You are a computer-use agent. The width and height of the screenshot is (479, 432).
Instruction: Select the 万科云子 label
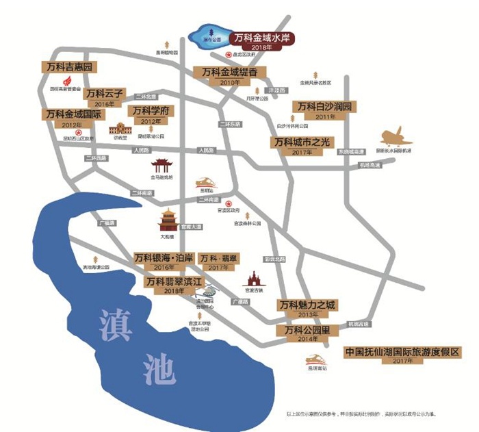pos(102,92)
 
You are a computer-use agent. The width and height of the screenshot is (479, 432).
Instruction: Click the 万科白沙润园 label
pos(324,107)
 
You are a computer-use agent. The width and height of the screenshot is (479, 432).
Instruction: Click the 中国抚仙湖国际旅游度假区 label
pos(402,352)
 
